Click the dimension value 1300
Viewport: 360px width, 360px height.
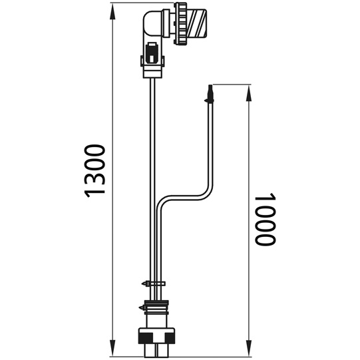point(96,169)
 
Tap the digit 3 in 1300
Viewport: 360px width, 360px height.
point(96,176)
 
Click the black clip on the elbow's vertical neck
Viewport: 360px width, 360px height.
point(152,51)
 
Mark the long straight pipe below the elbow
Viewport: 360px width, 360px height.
point(152,166)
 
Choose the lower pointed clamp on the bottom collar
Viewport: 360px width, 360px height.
point(141,307)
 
